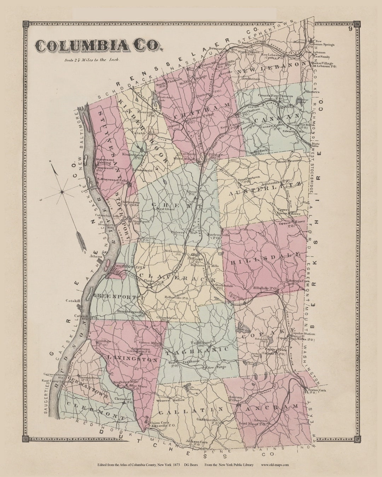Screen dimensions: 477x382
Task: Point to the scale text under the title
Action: (x=92, y=60)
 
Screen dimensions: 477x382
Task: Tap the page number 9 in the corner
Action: (x=349, y=29)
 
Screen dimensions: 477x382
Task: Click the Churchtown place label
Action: (x=167, y=318)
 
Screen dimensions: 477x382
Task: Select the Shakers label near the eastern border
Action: (x=312, y=92)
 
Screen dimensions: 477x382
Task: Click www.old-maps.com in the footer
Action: (x=275, y=465)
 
